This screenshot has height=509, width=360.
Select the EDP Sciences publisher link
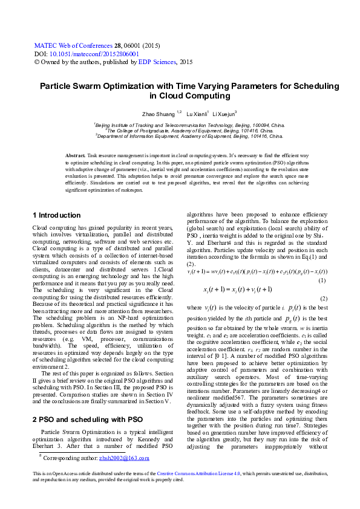coord(157,62)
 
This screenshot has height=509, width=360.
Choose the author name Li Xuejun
coord(224,114)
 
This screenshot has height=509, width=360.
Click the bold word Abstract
coord(76,156)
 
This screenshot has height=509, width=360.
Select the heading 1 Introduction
coord(56,215)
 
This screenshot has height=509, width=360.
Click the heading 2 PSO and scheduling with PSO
coord(87,403)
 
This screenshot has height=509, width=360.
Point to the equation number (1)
coord(322,281)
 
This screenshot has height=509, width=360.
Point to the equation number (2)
coord(323,299)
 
